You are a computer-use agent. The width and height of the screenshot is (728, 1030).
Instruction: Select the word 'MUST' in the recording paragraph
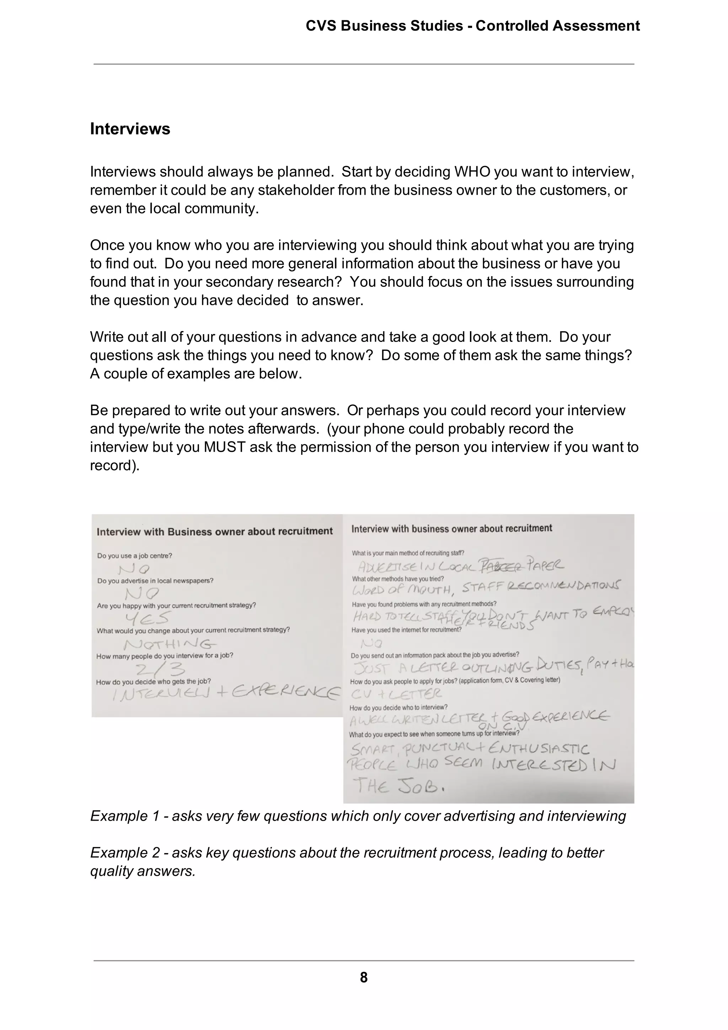click(x=225, y=447)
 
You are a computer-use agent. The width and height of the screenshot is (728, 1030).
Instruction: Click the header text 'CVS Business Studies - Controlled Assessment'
click(x=472, y=26)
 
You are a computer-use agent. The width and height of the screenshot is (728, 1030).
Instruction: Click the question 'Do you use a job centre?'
click(x=135, y=556)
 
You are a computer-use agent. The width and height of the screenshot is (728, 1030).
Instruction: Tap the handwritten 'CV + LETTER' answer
click(x=396, y=694)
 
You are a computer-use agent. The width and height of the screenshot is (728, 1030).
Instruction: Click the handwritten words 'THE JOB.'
click(x=399, y=786)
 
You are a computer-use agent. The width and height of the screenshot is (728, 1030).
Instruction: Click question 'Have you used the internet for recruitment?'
click(x=406, y=630)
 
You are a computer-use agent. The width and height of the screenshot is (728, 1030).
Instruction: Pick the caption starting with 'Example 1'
click(x=358, y=816)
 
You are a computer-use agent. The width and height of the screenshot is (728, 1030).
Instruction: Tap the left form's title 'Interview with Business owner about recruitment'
click(x=214, y=532)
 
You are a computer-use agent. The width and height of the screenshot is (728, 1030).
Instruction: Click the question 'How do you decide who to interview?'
click(x=398, y=707)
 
